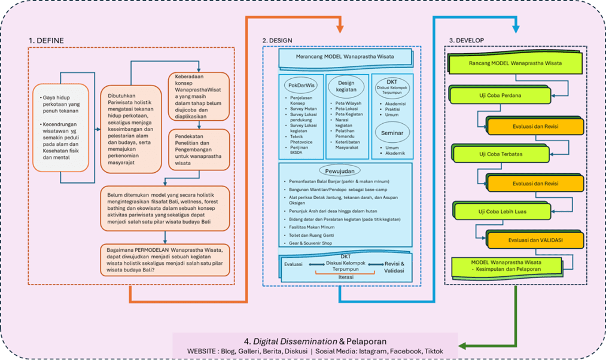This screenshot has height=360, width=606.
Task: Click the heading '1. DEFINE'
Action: tap(46, 41)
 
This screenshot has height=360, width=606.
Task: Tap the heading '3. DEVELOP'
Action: tap(466, 40)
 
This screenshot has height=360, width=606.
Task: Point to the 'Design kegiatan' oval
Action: tap(347, 87)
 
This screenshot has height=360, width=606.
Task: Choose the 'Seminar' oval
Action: tap(391, 132)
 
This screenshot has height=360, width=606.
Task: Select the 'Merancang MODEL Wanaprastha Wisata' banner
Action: tap(344, 57)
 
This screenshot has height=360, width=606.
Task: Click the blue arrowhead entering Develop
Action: tap(516, 28)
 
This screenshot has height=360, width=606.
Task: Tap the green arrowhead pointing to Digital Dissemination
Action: tap(462, 345)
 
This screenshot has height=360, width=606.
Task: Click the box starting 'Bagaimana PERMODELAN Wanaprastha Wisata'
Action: tap(165, 259)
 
